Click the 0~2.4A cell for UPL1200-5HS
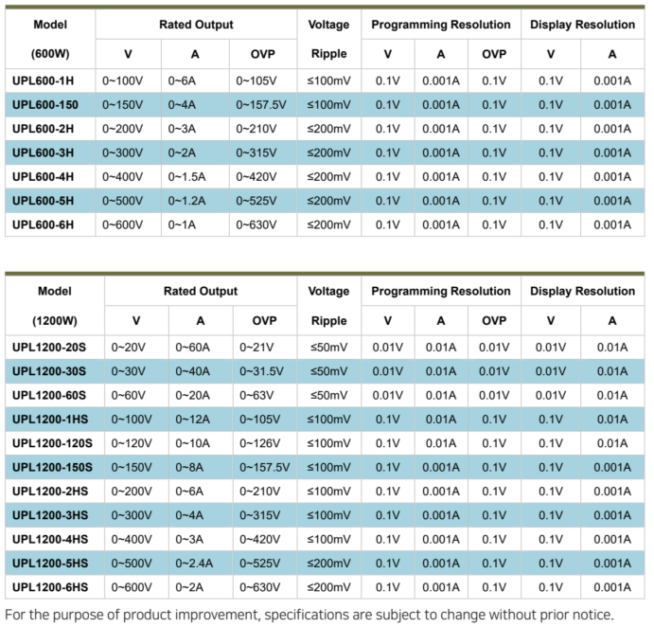[194, 563]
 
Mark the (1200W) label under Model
[55, 320]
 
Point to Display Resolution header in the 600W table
[582, 25]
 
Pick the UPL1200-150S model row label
[53, 467]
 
